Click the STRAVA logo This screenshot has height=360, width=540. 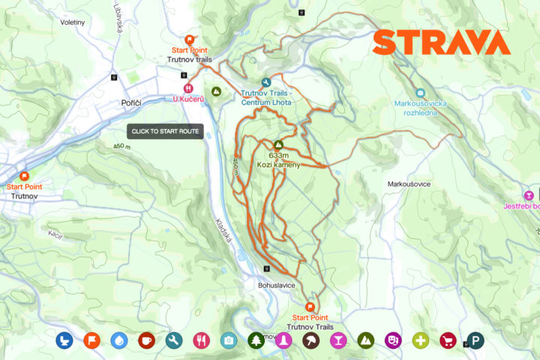click(441, 42)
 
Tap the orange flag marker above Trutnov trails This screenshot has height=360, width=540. click(189, 40)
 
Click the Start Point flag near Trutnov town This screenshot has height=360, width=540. click(24, 176)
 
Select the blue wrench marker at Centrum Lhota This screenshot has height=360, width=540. click(266, 82)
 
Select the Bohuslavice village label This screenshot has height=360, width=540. click(277, 286)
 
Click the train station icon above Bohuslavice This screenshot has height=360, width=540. click(264, 269)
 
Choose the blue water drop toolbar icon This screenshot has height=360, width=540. click(118, 340)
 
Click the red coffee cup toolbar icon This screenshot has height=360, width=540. click(146, 340)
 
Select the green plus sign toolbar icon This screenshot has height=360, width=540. click(420, 340)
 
